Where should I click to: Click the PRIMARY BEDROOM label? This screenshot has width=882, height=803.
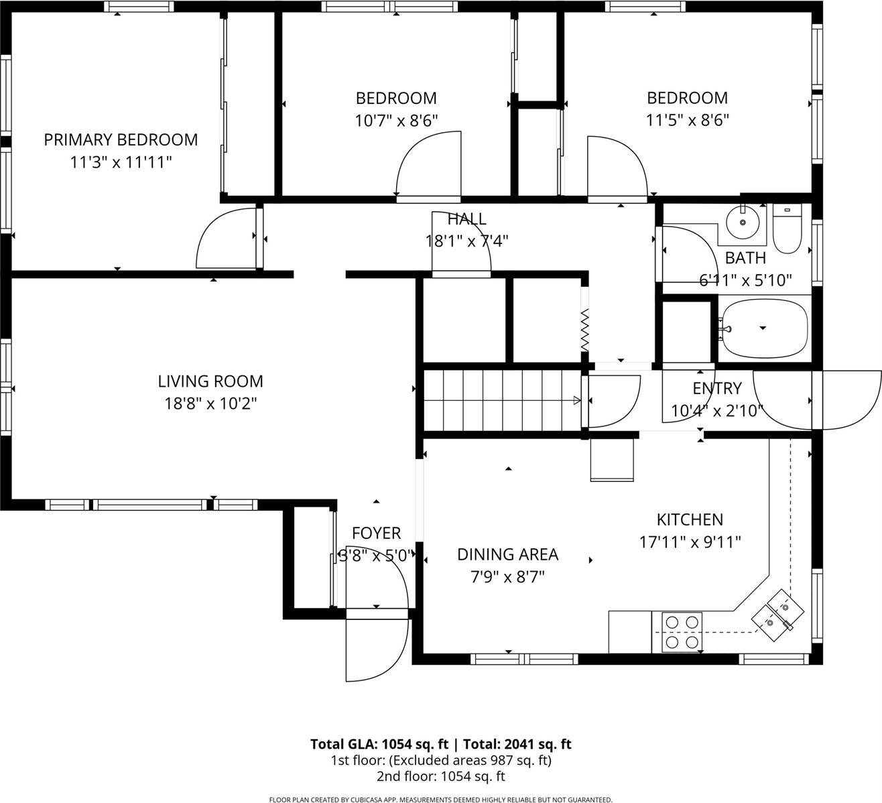click(121, 139)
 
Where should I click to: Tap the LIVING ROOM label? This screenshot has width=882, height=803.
click(210, 381)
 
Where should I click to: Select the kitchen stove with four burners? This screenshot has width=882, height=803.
click(682, 632)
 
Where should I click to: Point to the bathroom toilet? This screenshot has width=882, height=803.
click(787, 229)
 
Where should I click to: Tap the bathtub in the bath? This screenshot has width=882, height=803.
click(761, 328)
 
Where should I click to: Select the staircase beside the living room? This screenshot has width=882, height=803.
click(501, 401)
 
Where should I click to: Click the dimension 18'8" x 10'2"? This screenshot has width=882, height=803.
click(210, 404)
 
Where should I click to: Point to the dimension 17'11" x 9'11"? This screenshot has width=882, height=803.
click(690, 542)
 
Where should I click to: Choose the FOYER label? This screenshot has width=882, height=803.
click(376, 533)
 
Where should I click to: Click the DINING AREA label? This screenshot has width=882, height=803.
click(507, 554)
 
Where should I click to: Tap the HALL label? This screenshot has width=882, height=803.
click(466, 219)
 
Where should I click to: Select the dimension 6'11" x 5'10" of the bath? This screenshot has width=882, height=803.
click(745, 280)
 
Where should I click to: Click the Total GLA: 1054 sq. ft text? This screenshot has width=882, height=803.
click(378, 744)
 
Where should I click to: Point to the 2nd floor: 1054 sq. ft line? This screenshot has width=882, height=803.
click(440, 777)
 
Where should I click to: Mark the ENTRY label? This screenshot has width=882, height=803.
click(716, 388)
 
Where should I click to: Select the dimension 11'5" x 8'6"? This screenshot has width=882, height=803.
click(687, 121)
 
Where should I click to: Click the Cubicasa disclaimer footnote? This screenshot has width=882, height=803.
click(440, 799)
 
